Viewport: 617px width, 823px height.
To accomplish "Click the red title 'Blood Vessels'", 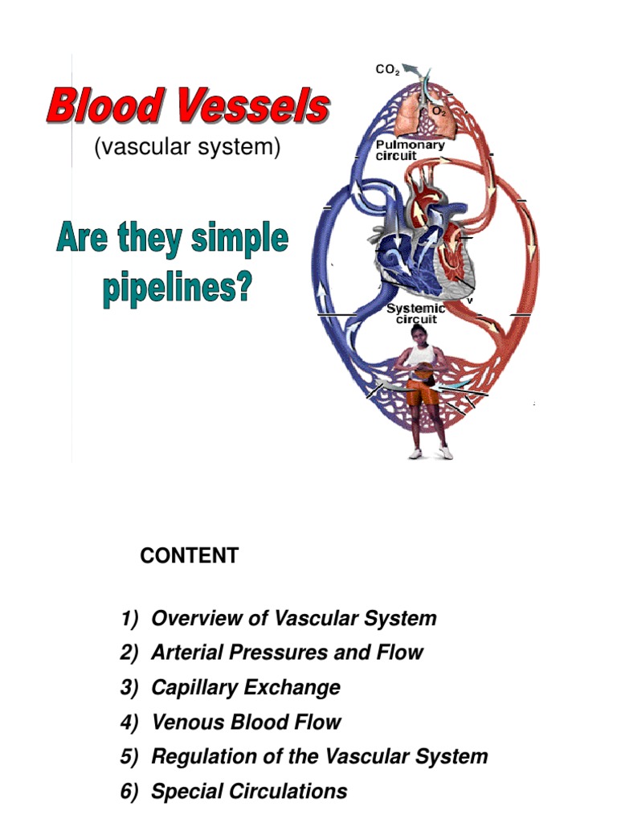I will pyautogui.click(x=188, y=107).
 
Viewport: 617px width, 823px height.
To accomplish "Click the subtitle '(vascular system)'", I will pyautogui.click(x=188, y=148).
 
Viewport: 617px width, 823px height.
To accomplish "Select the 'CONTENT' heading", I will pyautogui.click(x=189, y=555).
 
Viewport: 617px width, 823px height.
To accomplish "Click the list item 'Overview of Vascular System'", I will pyautogui.click(x=294, y=618).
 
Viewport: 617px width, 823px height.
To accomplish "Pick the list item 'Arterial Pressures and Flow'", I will pyautogui.click(x=287, y=653).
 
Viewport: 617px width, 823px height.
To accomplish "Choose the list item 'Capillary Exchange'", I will pyautogui.click(x=246, y=687).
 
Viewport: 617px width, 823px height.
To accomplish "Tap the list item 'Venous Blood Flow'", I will pyautogui.click(x=247, y=722).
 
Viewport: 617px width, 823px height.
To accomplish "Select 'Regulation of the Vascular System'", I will pyautogui.click(x=320, y=756).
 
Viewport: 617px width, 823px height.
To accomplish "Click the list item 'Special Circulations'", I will pyautogui.click(x=249, y=791).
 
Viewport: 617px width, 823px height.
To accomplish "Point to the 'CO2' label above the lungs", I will pyautogui.click(x=387, y=70).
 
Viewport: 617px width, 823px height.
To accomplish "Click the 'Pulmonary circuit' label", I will pyautogui.click(x=411, y=150).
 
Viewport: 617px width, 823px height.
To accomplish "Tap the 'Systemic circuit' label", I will pyautogui.click(x=416, y=313).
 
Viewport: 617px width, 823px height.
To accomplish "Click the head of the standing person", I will pyautogui.click(x=417, y=332).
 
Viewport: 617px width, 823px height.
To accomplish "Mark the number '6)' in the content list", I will pyautogui.click(x=130, y=791).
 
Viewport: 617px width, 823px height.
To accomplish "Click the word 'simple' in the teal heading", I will pyautogui.click(x=238, y=240).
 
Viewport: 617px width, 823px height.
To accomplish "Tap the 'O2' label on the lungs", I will pyautogui.click(x=439, y=112).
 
